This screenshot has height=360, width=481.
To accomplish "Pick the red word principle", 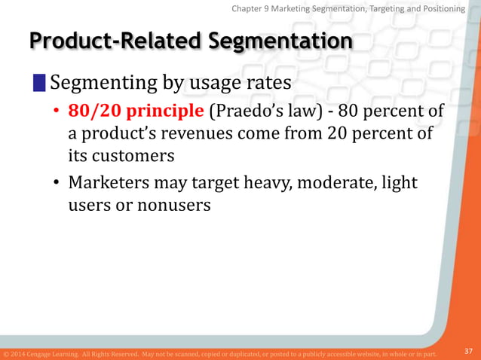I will tap(164, 112).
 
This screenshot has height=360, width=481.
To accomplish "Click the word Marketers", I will tap(112, 183).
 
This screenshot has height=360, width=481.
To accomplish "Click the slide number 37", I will tap(468, 351).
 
